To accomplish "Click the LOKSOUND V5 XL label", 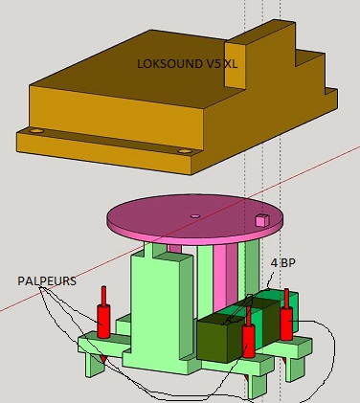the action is click(188, 64).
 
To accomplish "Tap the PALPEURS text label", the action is click(47, 281).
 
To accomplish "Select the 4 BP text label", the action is click(283, 263).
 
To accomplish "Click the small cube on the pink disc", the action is click(262, 220).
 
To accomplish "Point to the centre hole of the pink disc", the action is click(195, 216).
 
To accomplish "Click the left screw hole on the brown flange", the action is click(35, 131).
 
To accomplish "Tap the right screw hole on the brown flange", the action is click(184, 151).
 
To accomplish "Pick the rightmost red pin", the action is click(286, 315).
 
